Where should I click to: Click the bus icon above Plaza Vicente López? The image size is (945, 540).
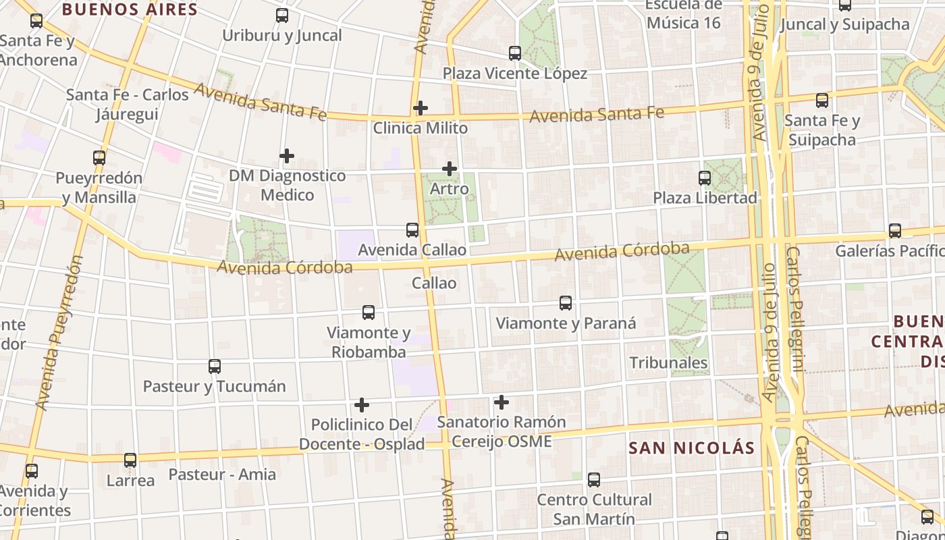click(x=515, y=53)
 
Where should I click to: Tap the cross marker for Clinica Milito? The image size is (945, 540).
click(x=421, y=108)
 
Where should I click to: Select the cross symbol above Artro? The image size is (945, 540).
click(x=450, y=169)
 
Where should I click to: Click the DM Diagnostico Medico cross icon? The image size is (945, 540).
click(x=287, y=156)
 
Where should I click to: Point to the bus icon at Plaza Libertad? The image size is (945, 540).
click(x=705, y=178)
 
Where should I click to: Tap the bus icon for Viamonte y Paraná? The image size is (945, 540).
click(x=566, y=303)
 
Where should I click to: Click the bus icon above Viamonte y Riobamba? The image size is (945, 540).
click(x=369, y=313)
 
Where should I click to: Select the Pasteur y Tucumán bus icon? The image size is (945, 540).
click(x=215, y=367)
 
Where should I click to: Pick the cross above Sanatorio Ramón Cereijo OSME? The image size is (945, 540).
click(x=502, y=402)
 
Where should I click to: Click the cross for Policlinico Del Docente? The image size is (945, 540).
click(x=362, y=405)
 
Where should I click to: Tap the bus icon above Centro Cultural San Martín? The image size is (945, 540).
click(x=594, y=480)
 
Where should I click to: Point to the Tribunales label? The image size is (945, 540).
click(x=668, y=362)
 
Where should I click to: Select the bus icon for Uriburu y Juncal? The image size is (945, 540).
click(x=282, y=16)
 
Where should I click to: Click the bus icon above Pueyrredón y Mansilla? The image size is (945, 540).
click(x=99, y=158)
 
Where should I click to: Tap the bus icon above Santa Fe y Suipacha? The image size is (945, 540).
click(x=822, y=101)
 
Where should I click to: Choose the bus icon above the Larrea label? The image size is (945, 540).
click(x=130, y=460)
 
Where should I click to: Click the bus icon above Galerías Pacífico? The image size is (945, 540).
click(x=895, y=231)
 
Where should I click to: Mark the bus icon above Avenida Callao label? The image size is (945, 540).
click(x=412, y=230)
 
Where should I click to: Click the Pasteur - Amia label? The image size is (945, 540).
click(x=222, y=475)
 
